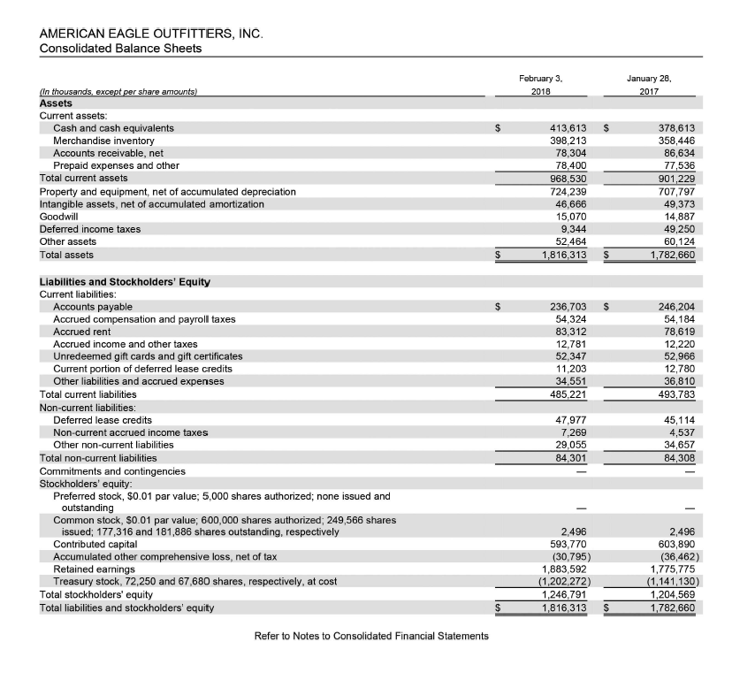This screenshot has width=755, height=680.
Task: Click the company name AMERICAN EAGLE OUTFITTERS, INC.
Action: (151, 33)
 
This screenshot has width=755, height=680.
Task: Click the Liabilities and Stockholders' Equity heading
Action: (125, 282)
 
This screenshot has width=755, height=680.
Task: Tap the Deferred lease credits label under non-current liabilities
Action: (103, 420)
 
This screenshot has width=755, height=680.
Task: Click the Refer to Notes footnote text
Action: (371, 637)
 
